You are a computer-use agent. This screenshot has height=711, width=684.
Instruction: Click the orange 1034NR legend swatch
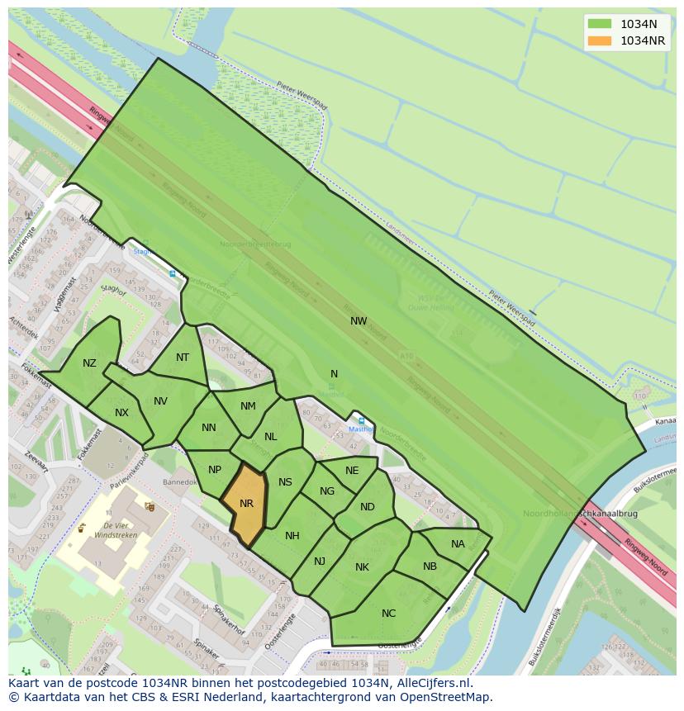[x=600, y=40]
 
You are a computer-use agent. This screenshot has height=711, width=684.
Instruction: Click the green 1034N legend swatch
[x=600, y=24]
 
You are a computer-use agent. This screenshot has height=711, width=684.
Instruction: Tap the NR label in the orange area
[x=246, y=504]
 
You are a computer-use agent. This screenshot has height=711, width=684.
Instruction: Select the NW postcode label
[x=359, y=321]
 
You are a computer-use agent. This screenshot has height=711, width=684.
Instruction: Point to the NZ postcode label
[x=89, y=363]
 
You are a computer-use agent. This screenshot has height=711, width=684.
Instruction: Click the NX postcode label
[x=121, y=413]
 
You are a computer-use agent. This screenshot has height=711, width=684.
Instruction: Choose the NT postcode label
[x=183, y=358]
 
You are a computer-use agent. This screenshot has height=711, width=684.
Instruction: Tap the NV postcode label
[x=160, y=401]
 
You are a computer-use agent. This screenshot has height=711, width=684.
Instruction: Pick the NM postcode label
[x=248, y=406]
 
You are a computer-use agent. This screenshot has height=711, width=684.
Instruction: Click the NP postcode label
[x=215, y=470]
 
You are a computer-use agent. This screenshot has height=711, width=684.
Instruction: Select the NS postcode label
[x=285, y=483]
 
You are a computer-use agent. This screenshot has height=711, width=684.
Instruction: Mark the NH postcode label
[x=292, y=536]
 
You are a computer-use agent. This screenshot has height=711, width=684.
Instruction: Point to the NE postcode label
[x=352, y=471]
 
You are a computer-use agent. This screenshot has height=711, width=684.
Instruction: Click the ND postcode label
[x=368, y=507]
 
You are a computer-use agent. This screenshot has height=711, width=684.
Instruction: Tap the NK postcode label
[x=362, y=567]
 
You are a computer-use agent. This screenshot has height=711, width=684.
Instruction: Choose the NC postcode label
[x=388, y=614]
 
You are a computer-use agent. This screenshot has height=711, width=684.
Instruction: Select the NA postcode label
[x=458, y=544]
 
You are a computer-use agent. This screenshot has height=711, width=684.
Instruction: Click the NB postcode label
[x=430, y=566]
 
